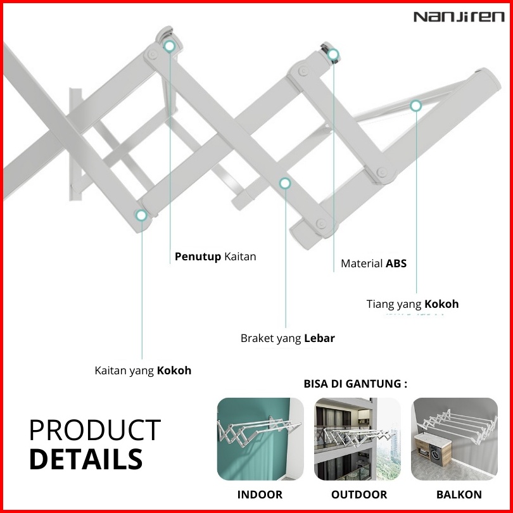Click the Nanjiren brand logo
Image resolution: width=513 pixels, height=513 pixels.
(x=459, y=16)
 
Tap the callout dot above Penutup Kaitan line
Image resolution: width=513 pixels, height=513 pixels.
(x=170, y=46)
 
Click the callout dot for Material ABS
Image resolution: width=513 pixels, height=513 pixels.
(x=333, y=54)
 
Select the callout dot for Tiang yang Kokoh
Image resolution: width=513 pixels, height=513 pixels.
(x=416, y=106)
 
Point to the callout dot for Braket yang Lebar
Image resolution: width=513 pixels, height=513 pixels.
(x=285, y=183)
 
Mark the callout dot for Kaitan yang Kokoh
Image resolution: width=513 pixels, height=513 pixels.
(x=141, y=215)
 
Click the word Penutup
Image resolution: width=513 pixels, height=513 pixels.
(x=198, y=257)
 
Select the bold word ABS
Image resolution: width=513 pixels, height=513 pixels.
(x=396, y=263)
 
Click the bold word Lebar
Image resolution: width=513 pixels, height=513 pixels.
(x=319, y=338)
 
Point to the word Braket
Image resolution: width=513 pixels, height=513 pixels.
(x=257, y=338)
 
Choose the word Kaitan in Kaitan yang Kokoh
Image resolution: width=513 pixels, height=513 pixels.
(x=110, y=370)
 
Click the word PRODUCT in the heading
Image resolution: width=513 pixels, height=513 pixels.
(x=95, y=430)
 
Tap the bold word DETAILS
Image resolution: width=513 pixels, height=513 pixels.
(x=86, y=459)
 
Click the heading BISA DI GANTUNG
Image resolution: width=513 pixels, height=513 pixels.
(x=355, y=383)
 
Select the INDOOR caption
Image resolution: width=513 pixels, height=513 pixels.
(x=260, y=495)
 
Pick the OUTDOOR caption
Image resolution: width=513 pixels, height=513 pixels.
(x=359, y=495)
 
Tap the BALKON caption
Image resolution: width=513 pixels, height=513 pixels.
(x=459, y=495)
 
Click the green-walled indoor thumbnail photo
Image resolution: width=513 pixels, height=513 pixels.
(x=260, y=439)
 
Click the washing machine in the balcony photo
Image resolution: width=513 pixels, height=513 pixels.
(x=435, y=455)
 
